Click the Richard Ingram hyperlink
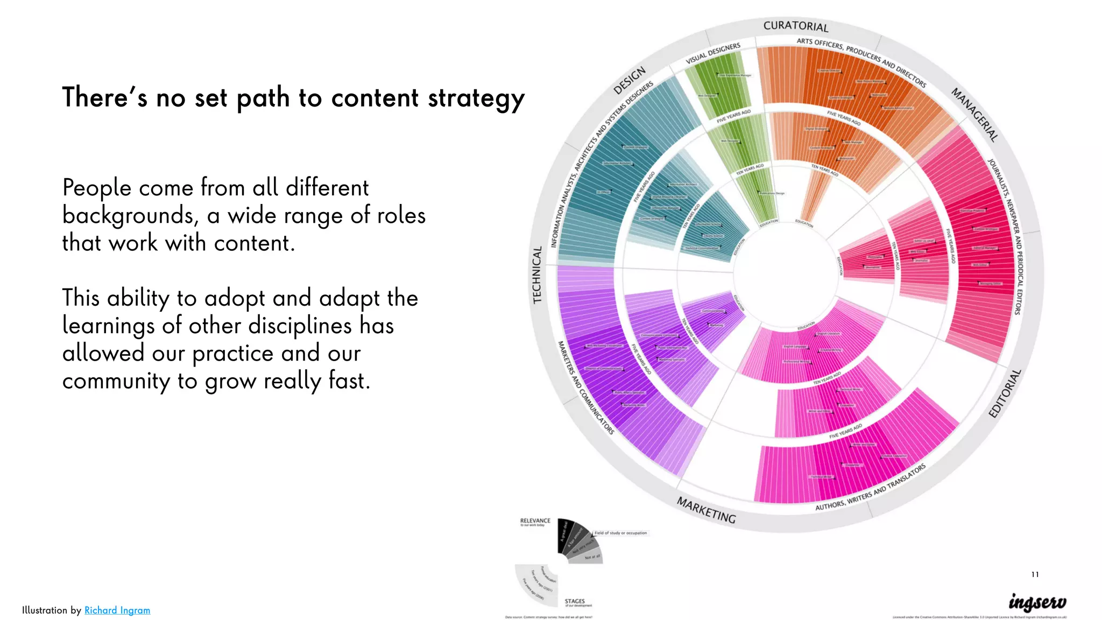(117, 610)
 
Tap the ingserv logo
(1037, 602)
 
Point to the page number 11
(1035, 574)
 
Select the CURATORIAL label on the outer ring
(795, 26)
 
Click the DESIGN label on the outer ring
(629, 80)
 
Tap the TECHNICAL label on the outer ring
(537, 274)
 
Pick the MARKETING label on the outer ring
(706, 510)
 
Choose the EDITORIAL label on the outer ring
(1005, 393)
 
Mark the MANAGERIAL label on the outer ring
(974, 114)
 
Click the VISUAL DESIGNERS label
(713, 53)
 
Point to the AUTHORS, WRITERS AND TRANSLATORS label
(870, 487)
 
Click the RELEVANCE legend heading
(535, 520)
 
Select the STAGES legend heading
(575, 601)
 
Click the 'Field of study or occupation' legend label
(620, 533)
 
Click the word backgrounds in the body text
(128, 216)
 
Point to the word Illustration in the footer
(45, 610)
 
